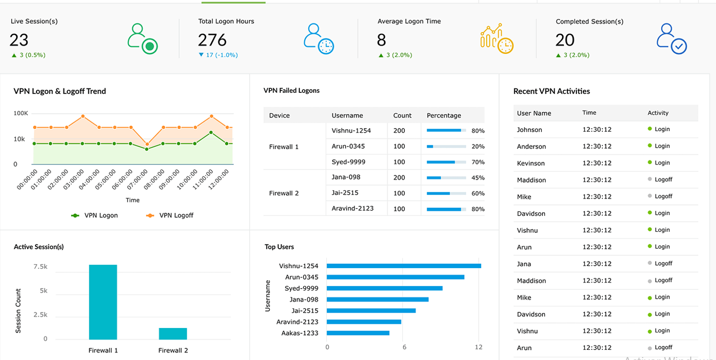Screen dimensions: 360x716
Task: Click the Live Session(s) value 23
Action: (19, 40)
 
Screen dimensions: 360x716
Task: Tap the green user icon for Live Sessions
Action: (142, 39)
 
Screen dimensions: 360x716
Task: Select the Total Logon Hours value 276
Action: (212, 40)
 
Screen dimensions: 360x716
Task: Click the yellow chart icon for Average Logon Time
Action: (496, 39)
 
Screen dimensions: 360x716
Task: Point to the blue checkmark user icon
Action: (671, 39)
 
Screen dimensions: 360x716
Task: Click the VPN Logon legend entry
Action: (95, 215)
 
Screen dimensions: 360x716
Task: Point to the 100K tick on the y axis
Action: (20, 113)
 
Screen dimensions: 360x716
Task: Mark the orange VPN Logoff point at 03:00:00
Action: (83, 116)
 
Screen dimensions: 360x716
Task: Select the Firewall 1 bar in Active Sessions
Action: (103, 302)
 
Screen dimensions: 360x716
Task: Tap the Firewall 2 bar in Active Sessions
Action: (173, 333)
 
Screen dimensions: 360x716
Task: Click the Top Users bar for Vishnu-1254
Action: (403, 266)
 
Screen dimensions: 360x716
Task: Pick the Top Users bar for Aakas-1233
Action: (358, 333)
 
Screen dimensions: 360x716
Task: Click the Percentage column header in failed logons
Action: (443, 116)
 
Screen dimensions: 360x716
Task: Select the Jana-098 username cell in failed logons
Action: (346, 177)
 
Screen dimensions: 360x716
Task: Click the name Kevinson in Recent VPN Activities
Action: (530, 163)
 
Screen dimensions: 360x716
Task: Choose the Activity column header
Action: (658, 113)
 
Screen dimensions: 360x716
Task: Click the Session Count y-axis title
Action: (18, 311)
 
